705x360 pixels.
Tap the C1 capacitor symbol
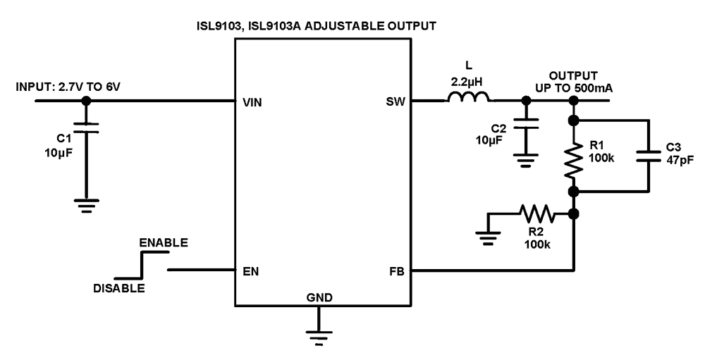pyautogui.click(x=87, y=128)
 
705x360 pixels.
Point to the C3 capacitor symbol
pyautogui.click(x=648, y=156)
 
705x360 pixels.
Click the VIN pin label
pyautogui.click(x=251, y=101)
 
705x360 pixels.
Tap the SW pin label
pyautogui.click(x=396, y=101)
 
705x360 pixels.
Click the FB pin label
pyautogui.click(x=396, y=271)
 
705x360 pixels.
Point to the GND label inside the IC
pyautogui.click(x=319, y=297)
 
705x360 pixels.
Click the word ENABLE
pyautogui.click(x=164, y=242)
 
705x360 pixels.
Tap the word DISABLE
pyautogui.click(x=119, y=288)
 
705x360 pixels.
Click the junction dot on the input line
pyautogui.click(x=87, y=101)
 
